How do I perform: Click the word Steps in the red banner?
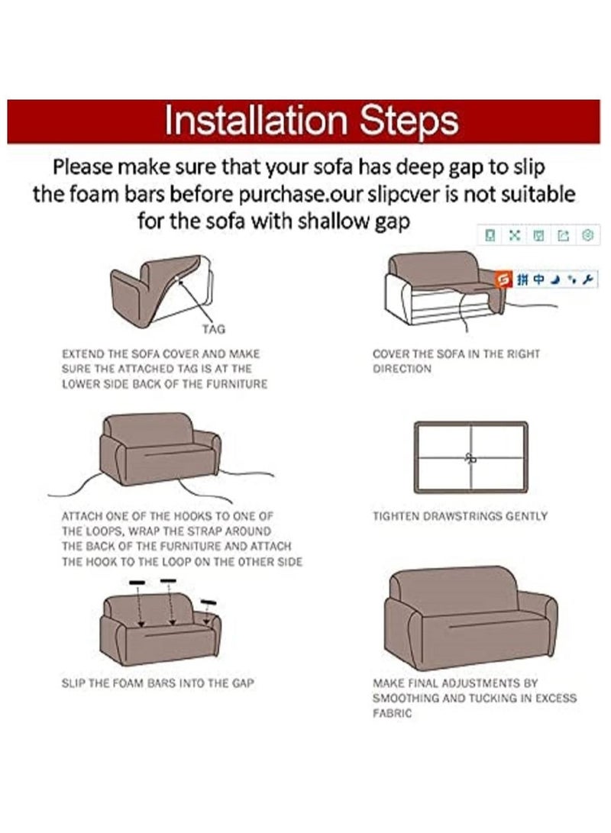pos(409,121)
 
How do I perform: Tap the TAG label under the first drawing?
pos(214,329)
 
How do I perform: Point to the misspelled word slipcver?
pos(406,195)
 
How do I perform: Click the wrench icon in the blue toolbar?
pos(587,279)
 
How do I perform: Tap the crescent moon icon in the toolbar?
pos(555,279)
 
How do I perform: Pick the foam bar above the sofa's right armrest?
pos(209,602)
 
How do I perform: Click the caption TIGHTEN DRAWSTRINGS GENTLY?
pos(460,516)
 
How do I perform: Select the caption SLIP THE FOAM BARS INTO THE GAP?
pos(158,683)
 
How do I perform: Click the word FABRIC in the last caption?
pos(392,713)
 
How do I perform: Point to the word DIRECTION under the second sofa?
pos(402,370)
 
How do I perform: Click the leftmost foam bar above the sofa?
pos(137,583)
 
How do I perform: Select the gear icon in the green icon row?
pos(587,235)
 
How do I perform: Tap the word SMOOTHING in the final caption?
pos(406,699)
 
